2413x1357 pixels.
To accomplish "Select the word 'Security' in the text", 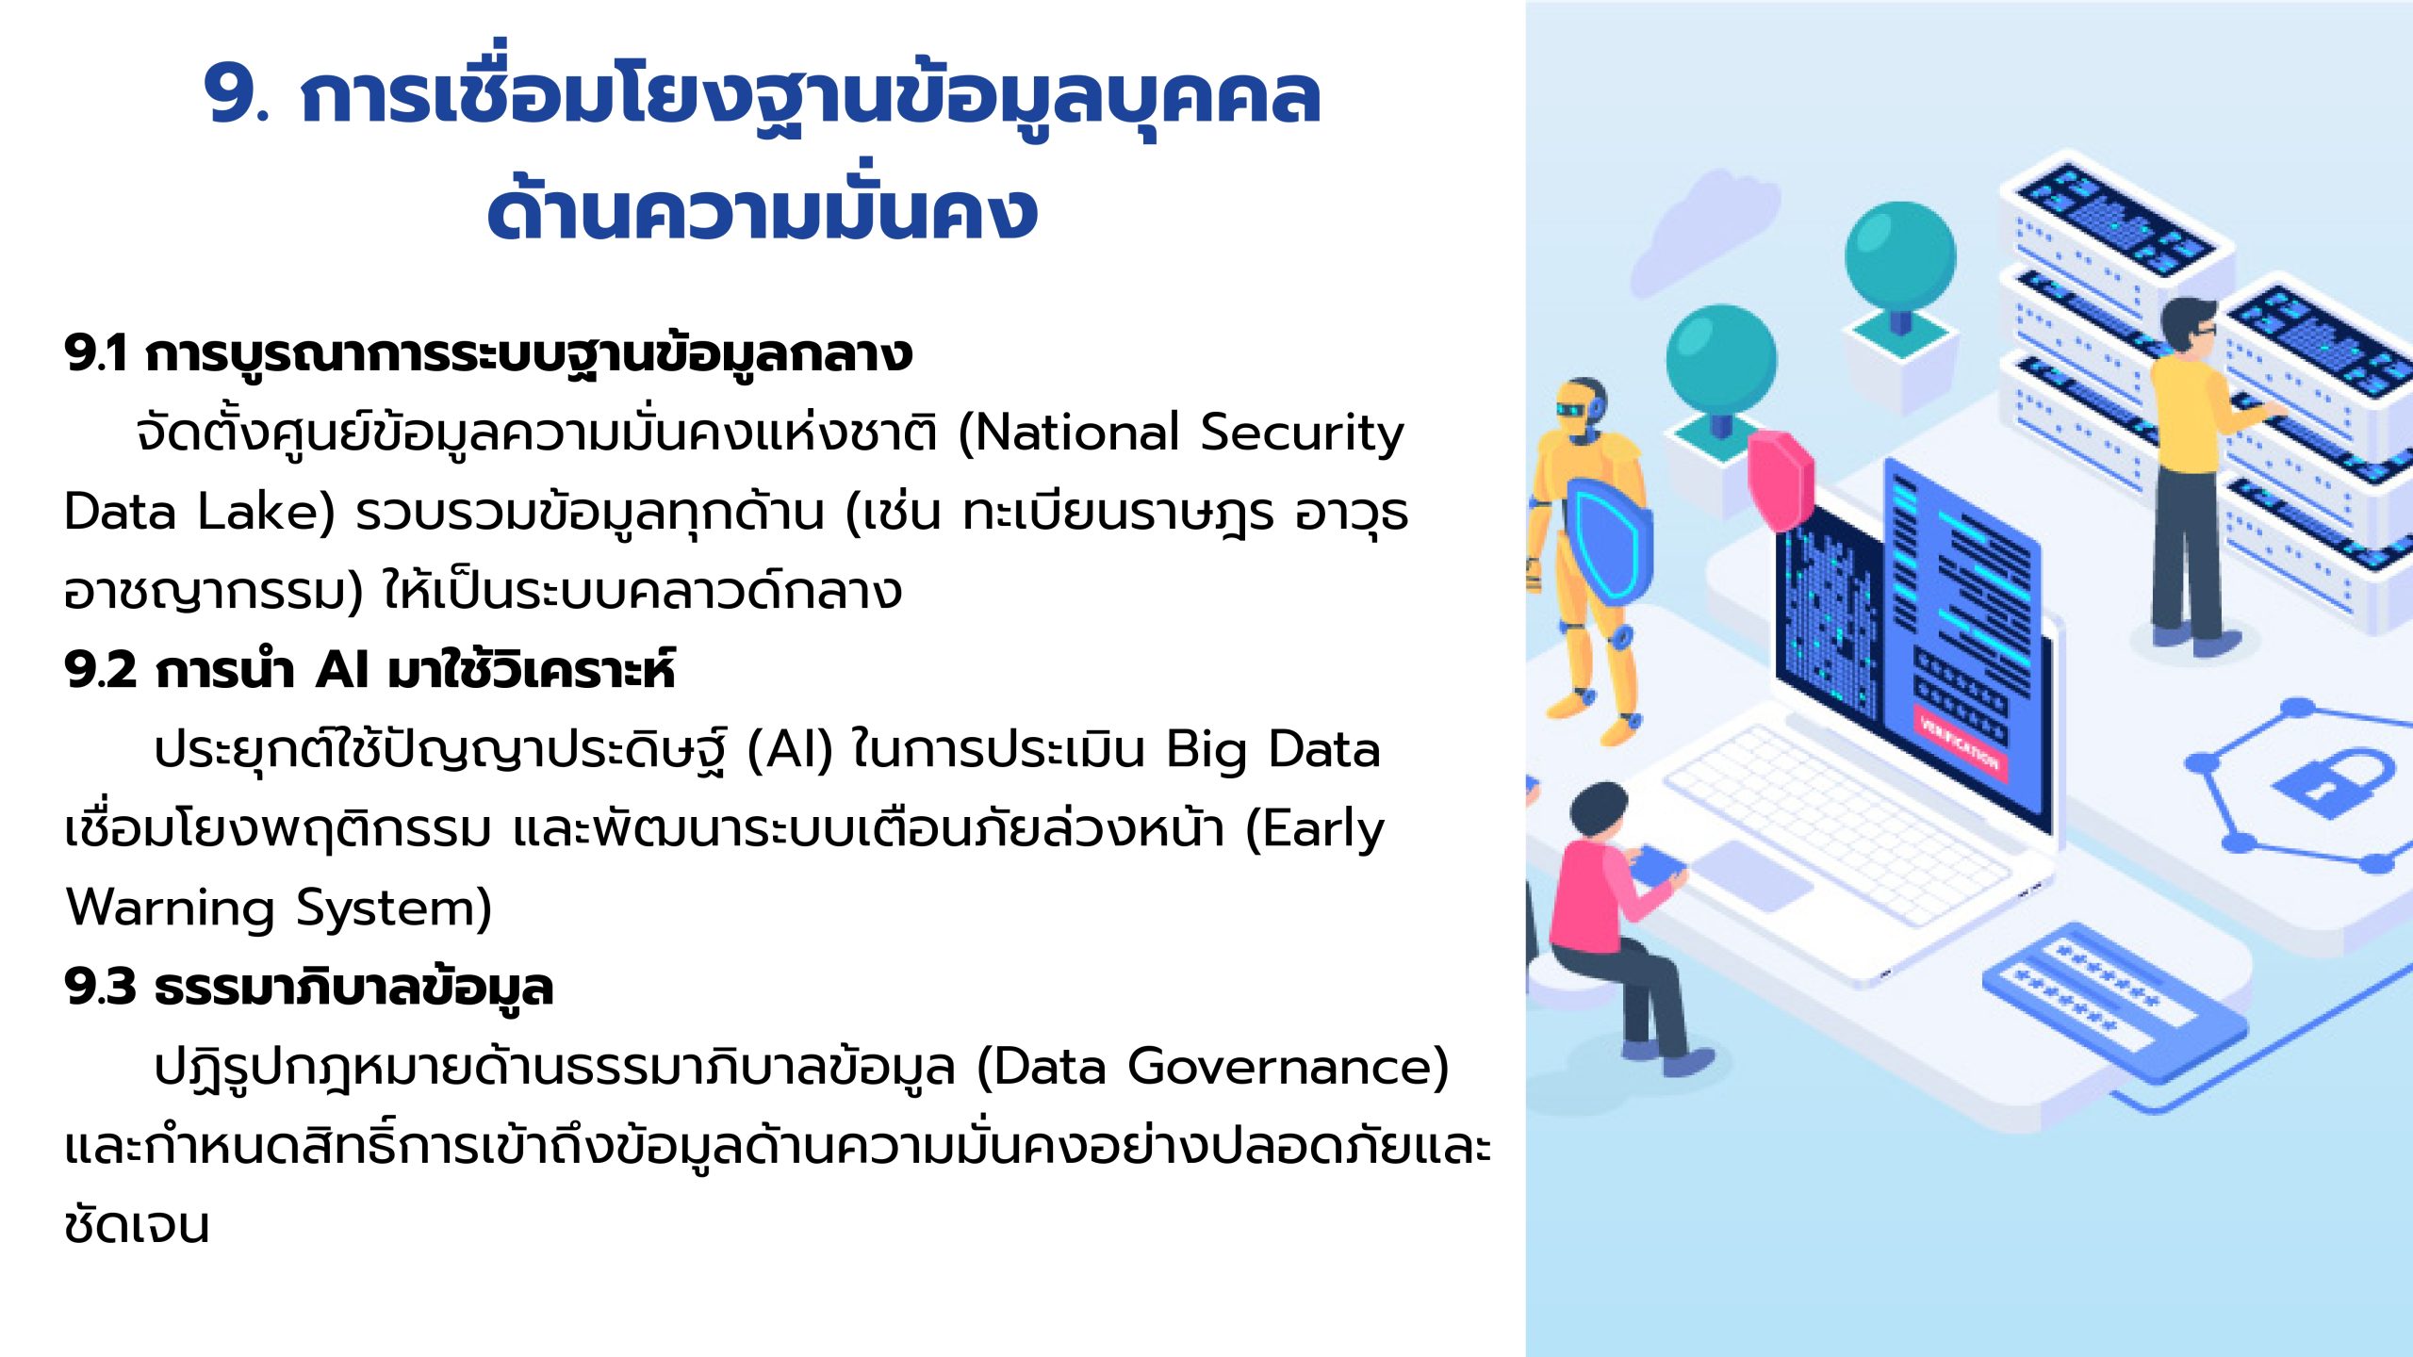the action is click(1303, 434).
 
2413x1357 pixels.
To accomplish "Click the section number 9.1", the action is click(96, 353).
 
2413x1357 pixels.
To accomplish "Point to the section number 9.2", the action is click(101, 670).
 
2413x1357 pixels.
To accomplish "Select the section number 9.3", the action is click(101, 987).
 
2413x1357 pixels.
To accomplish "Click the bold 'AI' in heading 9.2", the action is click(342, 670).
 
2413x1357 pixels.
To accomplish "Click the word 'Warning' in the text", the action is click(171, 909).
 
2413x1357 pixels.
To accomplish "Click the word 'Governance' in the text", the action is click(1279, 1067).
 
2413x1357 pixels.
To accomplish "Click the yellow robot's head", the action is click(1581, 409).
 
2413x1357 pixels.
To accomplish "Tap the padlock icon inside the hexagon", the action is click(2332, 781).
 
